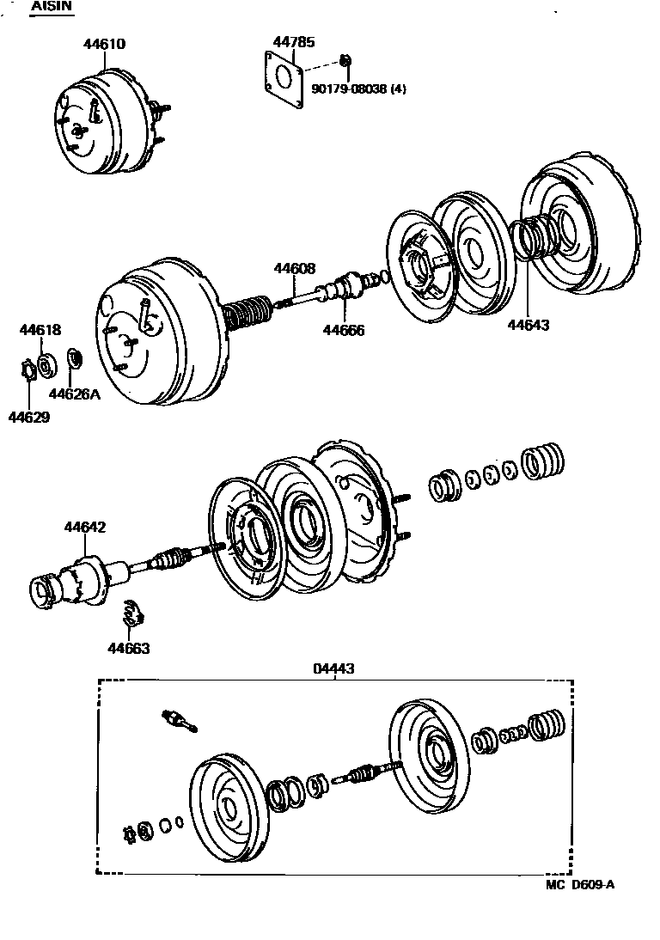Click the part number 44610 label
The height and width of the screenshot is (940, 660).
pyautogui.click(x=103, y=44)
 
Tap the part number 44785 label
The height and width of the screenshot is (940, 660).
pyautogui.click(x=292, y=40)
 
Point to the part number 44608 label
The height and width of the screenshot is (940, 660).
pyautogui.click(x=295, y=268)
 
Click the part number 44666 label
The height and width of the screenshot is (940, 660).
pyautogui.click(x=344, y=330)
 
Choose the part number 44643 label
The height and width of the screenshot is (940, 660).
pyautogui.click(x=528, y=325)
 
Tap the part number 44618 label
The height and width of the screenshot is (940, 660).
pyautogui.click(x=40, y=330)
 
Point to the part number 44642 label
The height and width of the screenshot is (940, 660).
pyautogui.click(x=83, y=527)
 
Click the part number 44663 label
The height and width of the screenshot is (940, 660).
pyautogui.click(x=128, y=648)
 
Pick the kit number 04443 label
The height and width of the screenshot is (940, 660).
pyautogui.click(x=335, y=668)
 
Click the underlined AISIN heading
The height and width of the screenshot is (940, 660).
pyautogui.click(x=52, y=7)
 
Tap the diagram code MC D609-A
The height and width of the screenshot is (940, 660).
pyautogui.click(x=580, y=885)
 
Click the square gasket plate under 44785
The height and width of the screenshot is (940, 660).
pyautogui.click(x=284, y=80)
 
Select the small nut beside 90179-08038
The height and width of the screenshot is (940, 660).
pyautogui.click(x=345, y=60)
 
